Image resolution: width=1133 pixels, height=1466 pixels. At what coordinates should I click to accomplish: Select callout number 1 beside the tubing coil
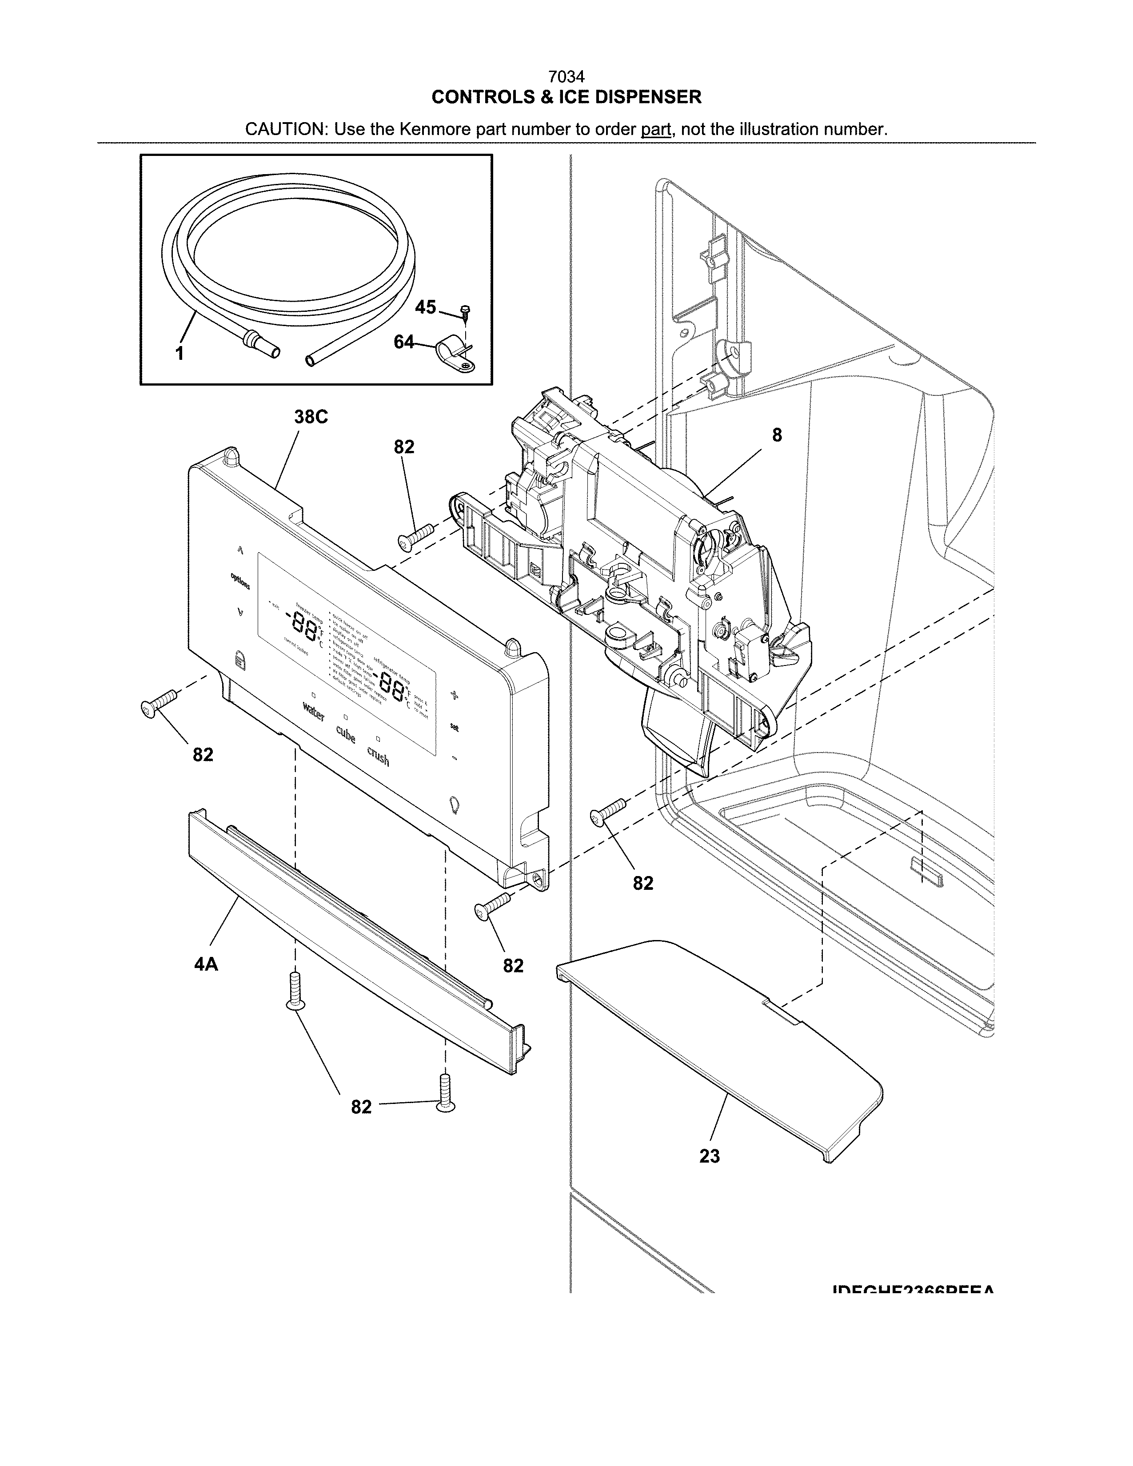179,354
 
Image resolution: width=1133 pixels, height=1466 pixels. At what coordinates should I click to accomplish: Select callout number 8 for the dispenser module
777,435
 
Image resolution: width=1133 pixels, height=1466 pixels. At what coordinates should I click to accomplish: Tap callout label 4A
206,964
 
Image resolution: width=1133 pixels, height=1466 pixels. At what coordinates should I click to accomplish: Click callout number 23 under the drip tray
710,1156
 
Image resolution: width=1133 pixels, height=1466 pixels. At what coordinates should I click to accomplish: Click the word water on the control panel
313,710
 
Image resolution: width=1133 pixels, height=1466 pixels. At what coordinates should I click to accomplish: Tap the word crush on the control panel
378,757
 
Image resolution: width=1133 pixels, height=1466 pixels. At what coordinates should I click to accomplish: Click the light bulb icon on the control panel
455,804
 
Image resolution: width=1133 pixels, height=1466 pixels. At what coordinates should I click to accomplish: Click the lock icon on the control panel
241,660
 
